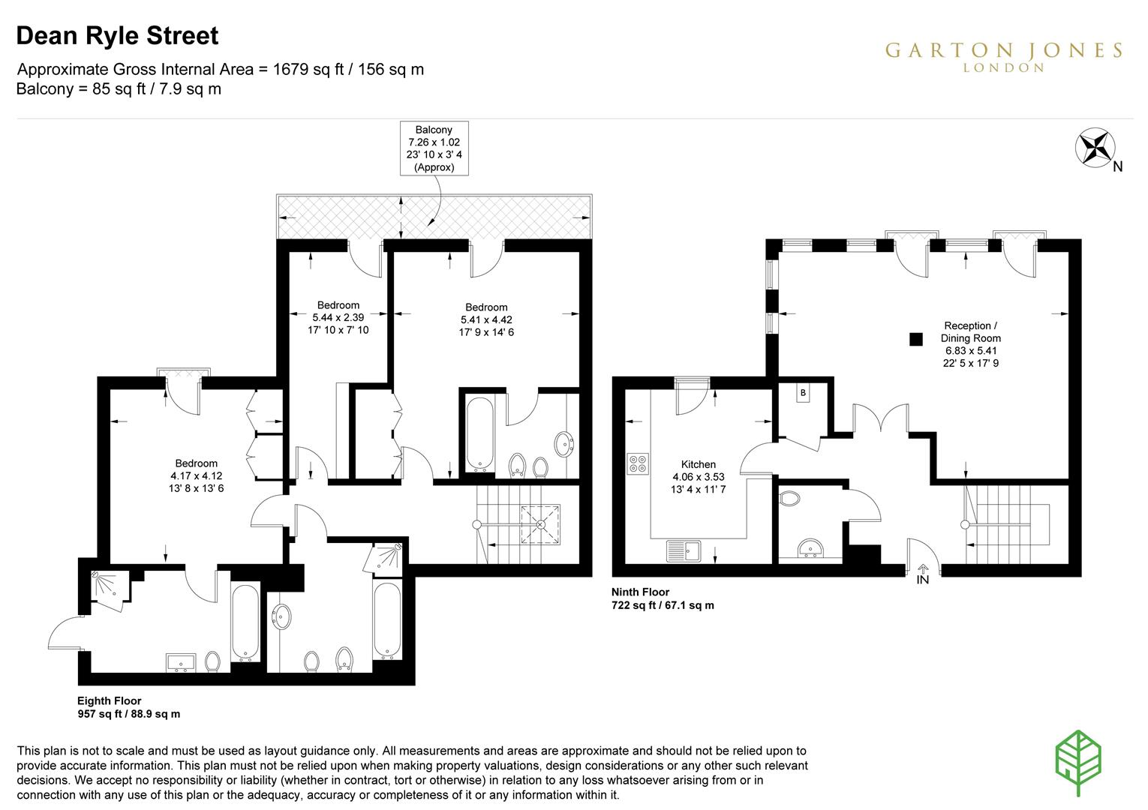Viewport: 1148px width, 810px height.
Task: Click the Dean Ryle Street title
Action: tap(117, 36)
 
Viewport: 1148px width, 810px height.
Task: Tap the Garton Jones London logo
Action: tap(1003, 57)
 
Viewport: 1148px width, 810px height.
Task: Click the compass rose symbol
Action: tap(1095, 148)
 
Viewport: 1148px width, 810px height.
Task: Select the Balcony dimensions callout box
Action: tap(434, 148)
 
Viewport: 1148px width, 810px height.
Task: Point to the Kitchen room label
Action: tap(698, 476)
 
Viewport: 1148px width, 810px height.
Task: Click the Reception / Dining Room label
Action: tap(971, 344)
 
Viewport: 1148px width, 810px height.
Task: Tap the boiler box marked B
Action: tap(803, 393)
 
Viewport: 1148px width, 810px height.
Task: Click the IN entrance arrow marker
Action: tap(922, 574)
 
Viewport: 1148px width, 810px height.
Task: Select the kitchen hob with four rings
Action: tap(638, 463)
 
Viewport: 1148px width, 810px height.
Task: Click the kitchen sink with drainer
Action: tap(684, 551)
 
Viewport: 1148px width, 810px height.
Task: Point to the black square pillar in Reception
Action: tap(916, 339)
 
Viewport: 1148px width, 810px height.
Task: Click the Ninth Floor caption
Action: tap(663, 598)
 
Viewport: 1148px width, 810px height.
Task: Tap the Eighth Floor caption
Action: tap(128, 707)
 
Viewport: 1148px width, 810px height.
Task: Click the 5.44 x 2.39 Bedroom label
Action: tap(338, 318)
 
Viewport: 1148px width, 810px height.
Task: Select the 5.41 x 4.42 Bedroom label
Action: tap(486, 319)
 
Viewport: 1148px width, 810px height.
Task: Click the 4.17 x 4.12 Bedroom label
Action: tap(197, 476)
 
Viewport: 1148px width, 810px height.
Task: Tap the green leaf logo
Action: tap(1078, 762)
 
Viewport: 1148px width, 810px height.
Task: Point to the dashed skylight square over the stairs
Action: tap(541, 524)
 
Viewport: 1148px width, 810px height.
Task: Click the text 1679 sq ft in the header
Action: tap(308, 69)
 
